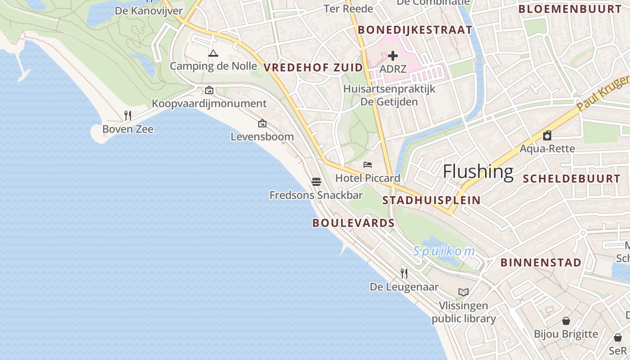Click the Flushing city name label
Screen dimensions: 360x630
[478, 171]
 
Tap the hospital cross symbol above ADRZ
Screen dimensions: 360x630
[393, 56]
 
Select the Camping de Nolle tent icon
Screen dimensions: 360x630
[213, 54]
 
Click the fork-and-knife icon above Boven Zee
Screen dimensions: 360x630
[128, 116]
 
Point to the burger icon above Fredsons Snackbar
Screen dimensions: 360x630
[316, 182]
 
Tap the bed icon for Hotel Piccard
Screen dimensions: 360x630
[368, 165]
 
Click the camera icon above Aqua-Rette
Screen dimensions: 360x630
[547, 135]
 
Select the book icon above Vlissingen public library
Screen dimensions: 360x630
[463, 292]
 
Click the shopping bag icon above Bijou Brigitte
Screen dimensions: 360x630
[566, 321]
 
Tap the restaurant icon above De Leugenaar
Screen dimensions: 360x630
[404, 273]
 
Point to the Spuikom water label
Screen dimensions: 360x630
[444, 251]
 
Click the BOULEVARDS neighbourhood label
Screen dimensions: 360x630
[353, 223]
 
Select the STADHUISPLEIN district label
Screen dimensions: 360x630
[431, 200]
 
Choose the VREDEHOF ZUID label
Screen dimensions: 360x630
[313, 67]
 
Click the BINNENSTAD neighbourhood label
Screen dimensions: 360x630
[541, 262]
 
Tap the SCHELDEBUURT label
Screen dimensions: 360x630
[571, 179]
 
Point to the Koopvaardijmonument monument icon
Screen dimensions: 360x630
[209, 90]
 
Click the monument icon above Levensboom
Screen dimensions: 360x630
[262, 123]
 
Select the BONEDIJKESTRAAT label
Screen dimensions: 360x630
[415, 30]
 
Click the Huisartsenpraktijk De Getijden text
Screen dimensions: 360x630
[389, 95]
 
